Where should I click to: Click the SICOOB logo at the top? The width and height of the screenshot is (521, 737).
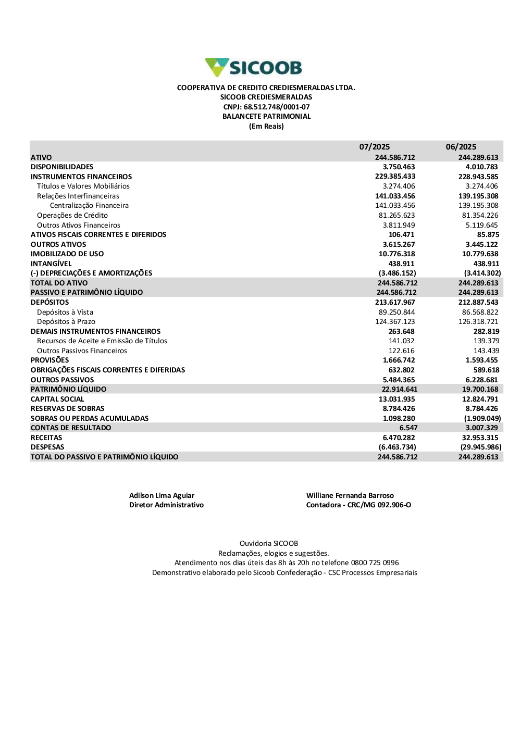pos(254,68)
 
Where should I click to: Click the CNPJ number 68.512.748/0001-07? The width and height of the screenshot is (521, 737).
pos(277,107)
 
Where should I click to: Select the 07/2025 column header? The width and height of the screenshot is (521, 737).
pos(374,147)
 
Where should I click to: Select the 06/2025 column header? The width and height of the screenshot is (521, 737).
pos(461,147)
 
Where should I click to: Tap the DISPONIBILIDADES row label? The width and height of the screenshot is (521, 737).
pos(62,167)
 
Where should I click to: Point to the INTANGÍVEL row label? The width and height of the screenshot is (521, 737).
pos(51,264)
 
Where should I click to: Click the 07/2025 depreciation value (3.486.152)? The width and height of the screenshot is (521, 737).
pos(397,273)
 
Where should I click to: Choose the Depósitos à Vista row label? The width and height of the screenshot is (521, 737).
pos(65,313)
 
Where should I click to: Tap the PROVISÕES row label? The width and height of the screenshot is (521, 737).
pos(49,360)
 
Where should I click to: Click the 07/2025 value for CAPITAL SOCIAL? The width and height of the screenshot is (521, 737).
pos(396,399)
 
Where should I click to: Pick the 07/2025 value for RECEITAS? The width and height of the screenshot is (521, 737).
pos(399,438)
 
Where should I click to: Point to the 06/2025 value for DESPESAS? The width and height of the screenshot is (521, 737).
pos(481,447)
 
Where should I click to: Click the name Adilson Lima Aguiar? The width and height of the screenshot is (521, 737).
pos(162,496)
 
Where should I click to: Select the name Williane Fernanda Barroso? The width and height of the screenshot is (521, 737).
pos(350,496)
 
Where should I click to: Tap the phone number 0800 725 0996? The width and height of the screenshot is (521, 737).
pos(375,563)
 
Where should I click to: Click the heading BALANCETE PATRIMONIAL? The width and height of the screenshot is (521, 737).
pos(266,117)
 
